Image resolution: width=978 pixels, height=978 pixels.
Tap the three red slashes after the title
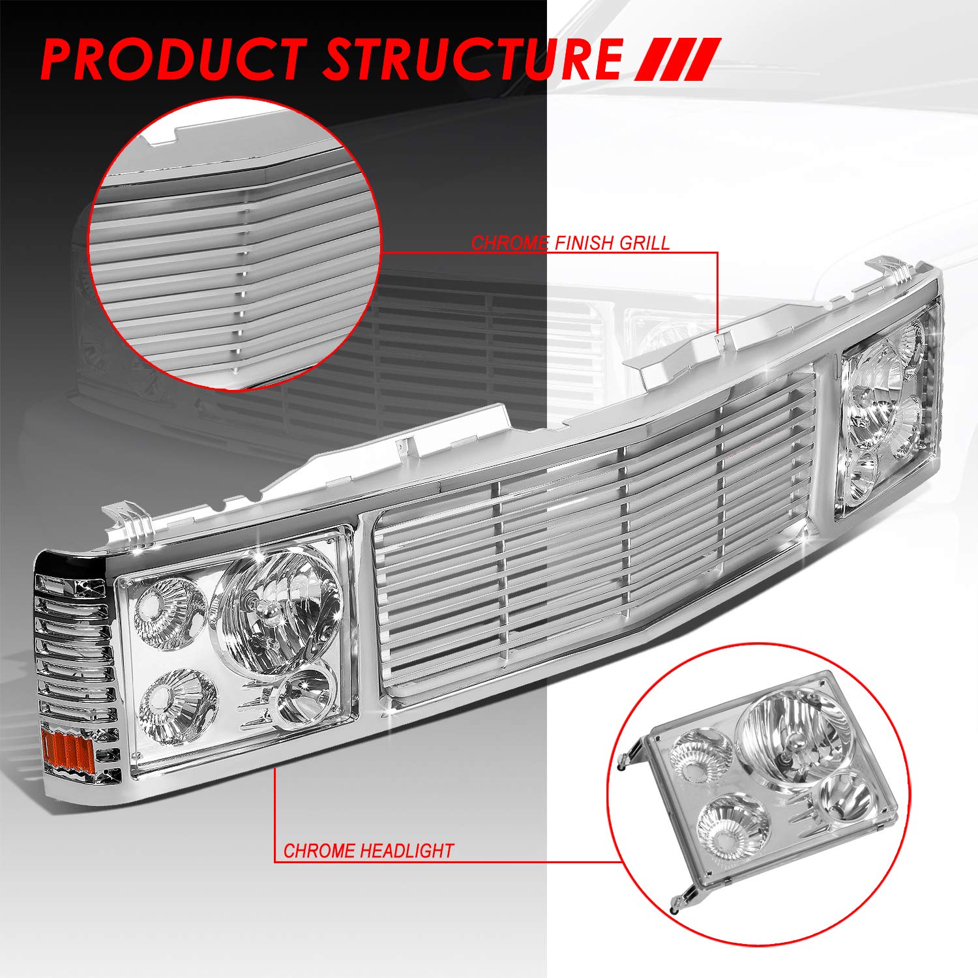click(x=678, y=60)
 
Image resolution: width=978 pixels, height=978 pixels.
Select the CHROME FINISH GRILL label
click(x=570, y=243)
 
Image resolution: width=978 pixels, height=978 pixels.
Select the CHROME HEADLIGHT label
click(x=368, y=851)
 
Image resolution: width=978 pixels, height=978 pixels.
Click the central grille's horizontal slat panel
click(x=587, y=554)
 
